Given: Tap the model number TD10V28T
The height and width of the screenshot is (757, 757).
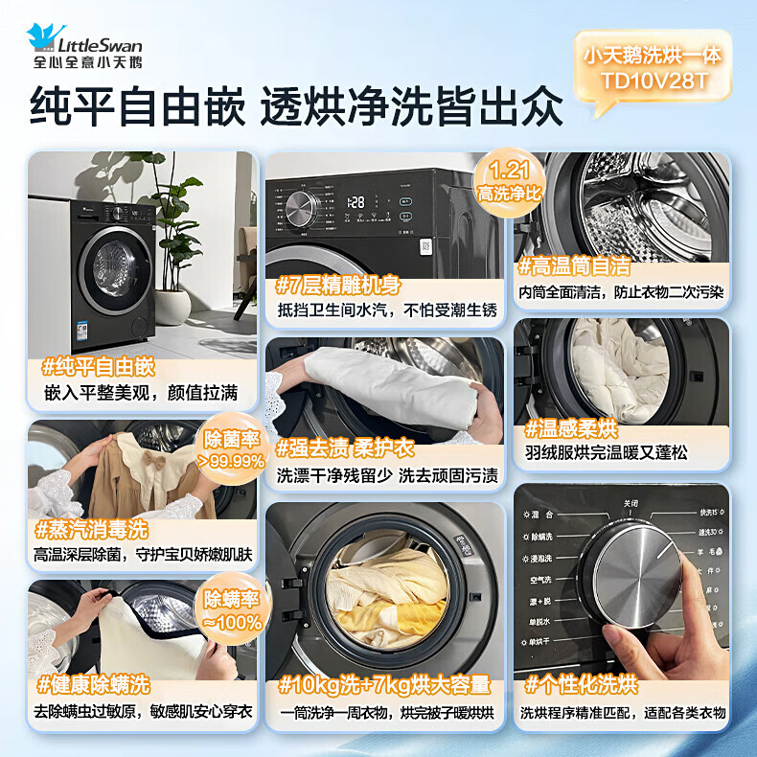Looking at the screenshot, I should tap(654, 80).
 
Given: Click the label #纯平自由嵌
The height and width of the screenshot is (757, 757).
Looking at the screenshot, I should tap(99, 367).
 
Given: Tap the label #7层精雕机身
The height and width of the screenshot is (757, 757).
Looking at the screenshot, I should tap(338, 285).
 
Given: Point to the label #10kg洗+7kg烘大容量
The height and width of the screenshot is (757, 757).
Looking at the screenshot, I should tap(383, 685).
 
